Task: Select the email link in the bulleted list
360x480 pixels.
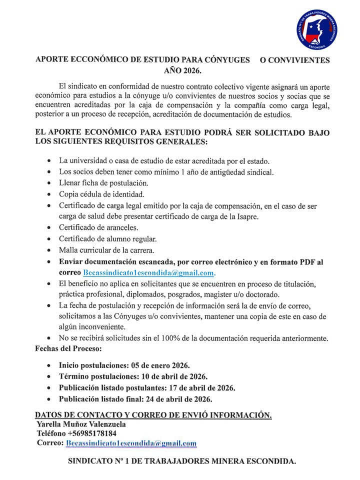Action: [149, 273]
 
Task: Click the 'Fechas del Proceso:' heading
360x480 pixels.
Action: [68, 347]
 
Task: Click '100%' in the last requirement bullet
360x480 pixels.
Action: [163, 338]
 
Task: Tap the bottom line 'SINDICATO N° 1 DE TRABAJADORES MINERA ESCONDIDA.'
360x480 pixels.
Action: [182, 462]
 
